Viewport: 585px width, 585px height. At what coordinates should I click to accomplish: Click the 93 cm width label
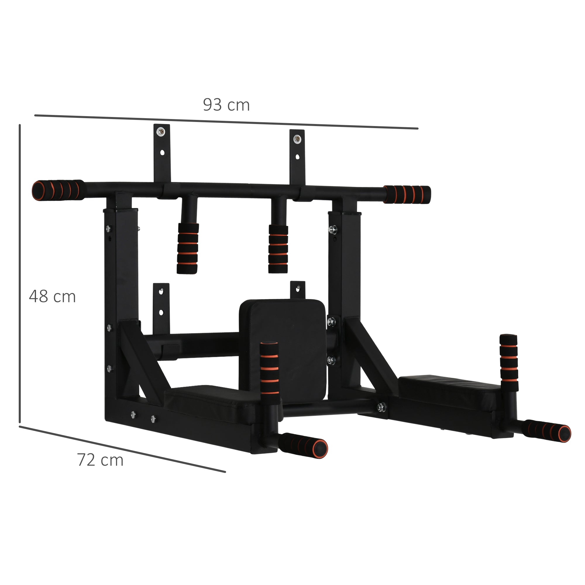pos(226,105)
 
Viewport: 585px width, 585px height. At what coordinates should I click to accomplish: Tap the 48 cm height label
pos(52,296)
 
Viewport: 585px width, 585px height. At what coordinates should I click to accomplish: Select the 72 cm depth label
pos(100,460)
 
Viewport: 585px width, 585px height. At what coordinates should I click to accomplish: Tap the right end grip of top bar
pos(407,194)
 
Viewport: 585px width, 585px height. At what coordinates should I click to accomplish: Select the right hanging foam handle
pos(278,249)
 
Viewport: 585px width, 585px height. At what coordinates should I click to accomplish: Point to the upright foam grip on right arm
pos(508,362)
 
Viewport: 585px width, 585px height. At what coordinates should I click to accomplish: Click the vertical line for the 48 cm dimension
pos(20,273)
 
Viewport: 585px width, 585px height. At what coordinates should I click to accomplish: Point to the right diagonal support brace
pos(369,354)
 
